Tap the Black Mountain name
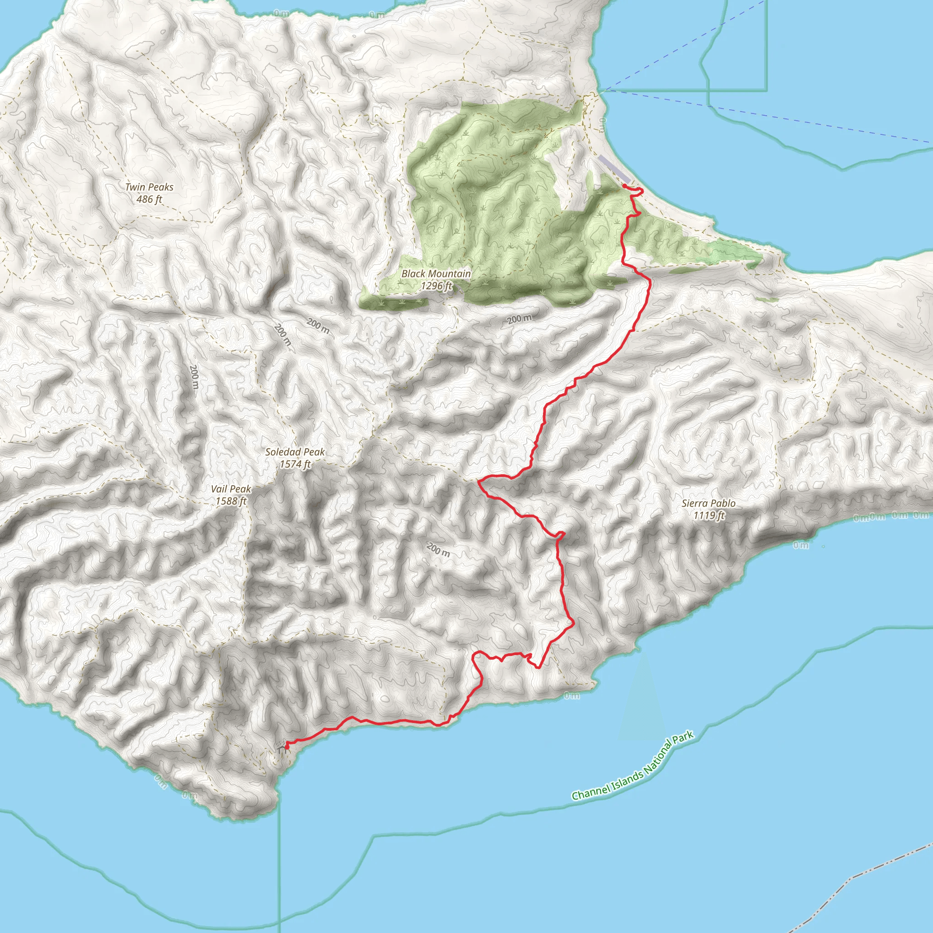(436, 274)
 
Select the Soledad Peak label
(295, 452)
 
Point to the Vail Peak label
(231, 489)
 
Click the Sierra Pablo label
(708, 503)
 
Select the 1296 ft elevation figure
(436, 286)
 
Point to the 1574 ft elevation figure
(295, 464)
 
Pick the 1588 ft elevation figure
(231, 501)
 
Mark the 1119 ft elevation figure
(708, 515)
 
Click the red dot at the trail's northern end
(625, 186)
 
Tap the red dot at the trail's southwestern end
(287, 746)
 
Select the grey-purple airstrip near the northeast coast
(614, 169)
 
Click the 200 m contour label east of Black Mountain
(520, 319)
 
